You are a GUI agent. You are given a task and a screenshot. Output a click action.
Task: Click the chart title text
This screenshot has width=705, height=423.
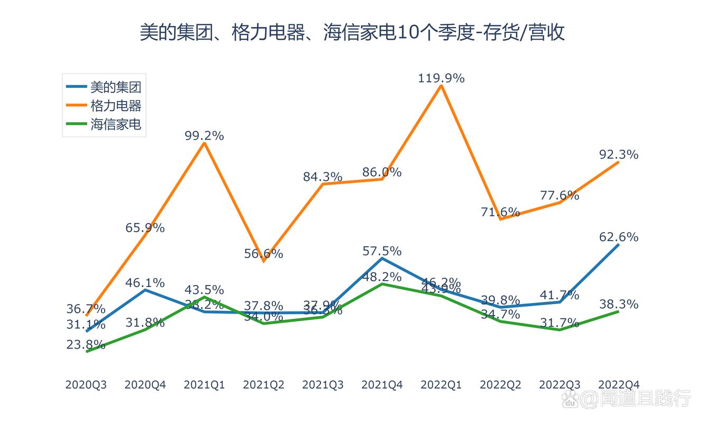(x=352, y=32)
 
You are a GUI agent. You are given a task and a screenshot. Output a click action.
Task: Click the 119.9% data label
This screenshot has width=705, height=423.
(x=441, y=78)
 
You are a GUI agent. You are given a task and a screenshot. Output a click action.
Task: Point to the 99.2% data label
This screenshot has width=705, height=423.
(x=204, y=136)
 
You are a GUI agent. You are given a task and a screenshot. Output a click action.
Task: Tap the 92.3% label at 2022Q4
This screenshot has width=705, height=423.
(x=619, y=155)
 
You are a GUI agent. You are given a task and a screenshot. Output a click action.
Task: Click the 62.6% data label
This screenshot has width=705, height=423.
(x=619, y=237)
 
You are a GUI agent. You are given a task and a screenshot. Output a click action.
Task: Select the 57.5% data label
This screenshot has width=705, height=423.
(x=382, y=251)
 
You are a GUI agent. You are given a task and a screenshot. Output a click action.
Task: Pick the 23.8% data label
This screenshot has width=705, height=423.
(x=86, y=345)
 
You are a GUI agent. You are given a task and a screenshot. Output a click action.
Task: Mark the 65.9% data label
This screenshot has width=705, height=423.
(x=145, y=228)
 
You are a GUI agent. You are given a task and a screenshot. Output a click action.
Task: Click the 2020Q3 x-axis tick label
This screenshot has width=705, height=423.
(x=86, y=385)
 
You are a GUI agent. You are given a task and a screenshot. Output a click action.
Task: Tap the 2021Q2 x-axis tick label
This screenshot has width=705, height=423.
(x=263, y=385)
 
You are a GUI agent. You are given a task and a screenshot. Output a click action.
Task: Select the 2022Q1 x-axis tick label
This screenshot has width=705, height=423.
(x=441, y=385)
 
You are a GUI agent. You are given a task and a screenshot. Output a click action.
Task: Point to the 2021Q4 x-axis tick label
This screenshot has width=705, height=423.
(x=382, y=385)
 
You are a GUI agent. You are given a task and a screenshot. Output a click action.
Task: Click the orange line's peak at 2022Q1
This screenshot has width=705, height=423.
(x=441, y=86)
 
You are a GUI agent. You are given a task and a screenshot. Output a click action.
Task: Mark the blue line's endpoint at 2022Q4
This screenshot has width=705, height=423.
(x=619, y=244)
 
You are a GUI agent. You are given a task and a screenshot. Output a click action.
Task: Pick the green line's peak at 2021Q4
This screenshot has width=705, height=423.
(x=382, y=284)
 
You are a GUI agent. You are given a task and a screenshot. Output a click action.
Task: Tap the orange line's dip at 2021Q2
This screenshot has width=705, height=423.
(x=263, y=261)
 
